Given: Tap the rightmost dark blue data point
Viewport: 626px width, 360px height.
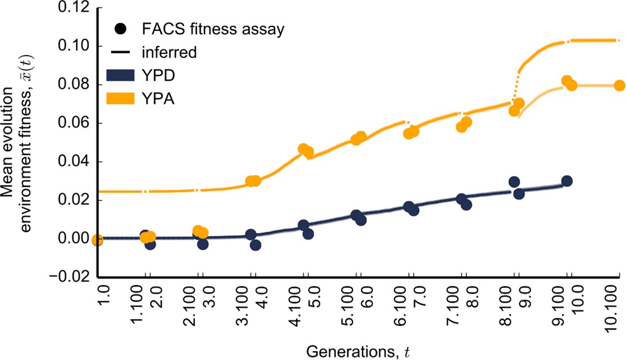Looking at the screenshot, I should coord(566,181).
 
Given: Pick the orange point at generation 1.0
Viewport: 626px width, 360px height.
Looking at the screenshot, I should coord(98,240).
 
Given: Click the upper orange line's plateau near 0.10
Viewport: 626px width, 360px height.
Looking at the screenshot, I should coord(590,40).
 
